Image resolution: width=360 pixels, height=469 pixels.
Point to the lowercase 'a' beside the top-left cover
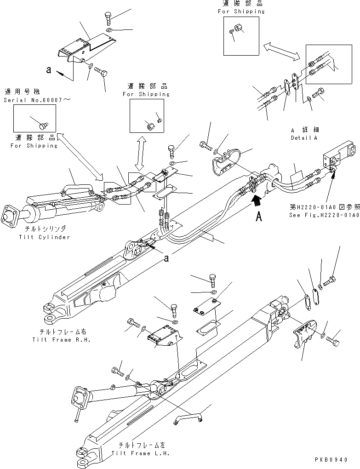[x=48, y=70]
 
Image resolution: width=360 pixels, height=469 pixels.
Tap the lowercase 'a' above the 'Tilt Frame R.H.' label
[x=166, y=259]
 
